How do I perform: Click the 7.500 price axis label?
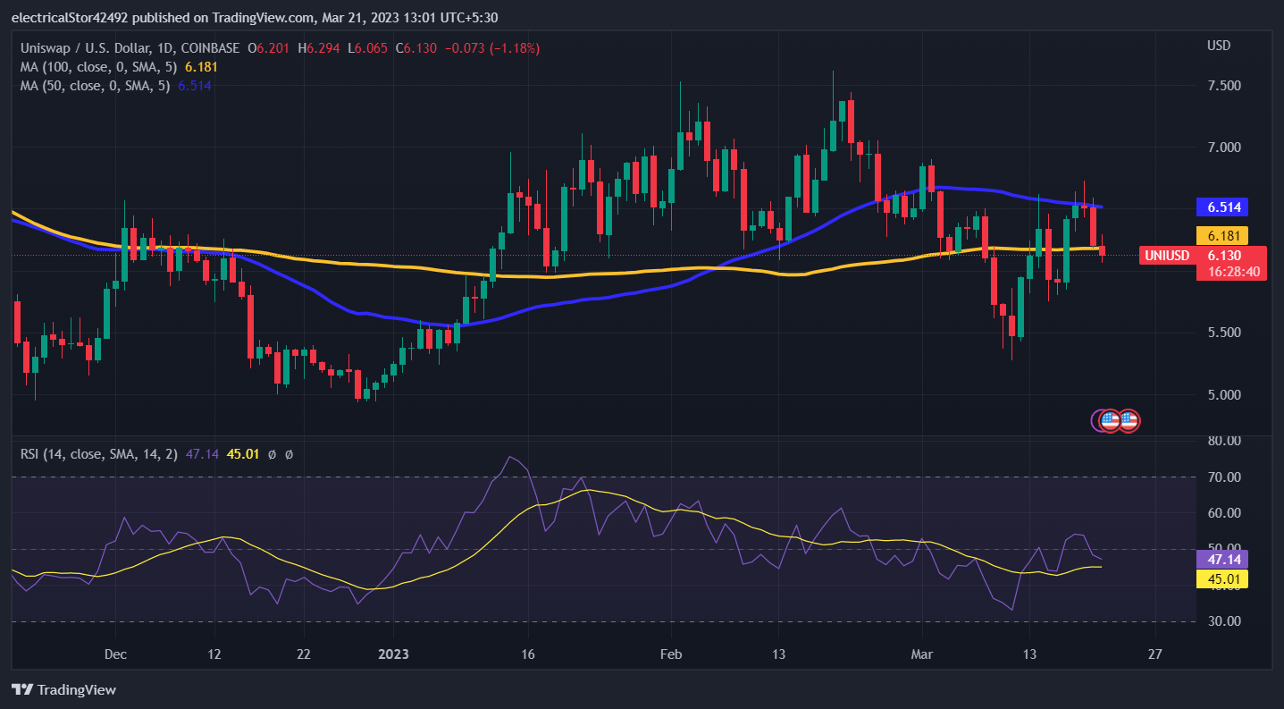click(x=1224, y=86)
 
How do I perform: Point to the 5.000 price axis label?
click(x=1224, y=394)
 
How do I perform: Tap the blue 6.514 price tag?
click(x=1221, y=207)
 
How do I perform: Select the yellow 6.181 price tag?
click(x=1221, y=235)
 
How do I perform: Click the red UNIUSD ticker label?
click(x=1167, y=256)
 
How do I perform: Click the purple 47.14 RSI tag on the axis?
click(x=1221, y=559)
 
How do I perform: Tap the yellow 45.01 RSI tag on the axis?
click(x=1221, y=579)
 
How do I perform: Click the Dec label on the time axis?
click(x=115, y=654)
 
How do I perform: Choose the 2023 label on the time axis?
click(x=393, y=654)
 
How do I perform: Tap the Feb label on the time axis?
click(x=671, y=654)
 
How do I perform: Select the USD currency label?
click(x=1219, y=46)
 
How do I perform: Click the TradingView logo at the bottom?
click(x=63, y=689)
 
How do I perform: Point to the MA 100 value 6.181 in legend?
click(x=201, y=67)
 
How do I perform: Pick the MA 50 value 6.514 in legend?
click(x=195, y=86)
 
